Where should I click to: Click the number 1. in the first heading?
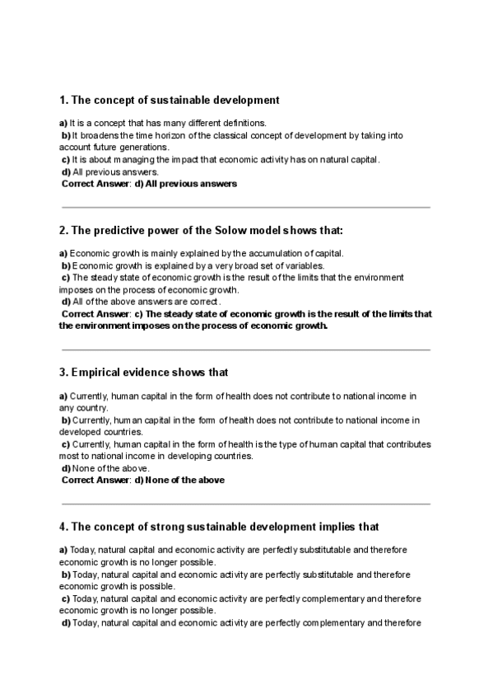point(64,101)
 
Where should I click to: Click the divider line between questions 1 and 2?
point(245,208)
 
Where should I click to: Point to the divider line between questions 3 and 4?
point(245,504)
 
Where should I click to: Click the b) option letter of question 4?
point(66,574)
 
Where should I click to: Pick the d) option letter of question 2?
point(66,302)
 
